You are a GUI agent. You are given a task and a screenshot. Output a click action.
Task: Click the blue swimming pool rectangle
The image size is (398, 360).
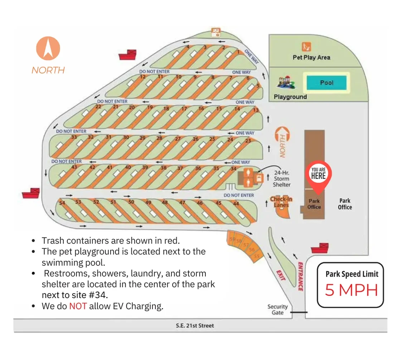(x=326, y=83)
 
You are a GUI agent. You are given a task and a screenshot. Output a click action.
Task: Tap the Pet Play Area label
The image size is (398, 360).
(x=311, y=57)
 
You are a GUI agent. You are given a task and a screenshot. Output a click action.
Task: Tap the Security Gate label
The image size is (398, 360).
(x=277, y=309)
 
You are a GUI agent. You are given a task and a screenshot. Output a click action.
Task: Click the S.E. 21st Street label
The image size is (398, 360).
(x=195, y=326)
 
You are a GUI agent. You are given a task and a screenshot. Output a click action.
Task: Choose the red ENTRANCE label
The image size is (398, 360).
(x=301, y=276)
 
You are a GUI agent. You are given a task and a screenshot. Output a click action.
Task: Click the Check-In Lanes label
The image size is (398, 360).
(x=281, y=202)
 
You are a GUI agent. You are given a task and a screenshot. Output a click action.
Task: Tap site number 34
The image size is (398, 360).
(x=233, y=169)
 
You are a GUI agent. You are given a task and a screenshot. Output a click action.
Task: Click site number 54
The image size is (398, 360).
(x=62, y=203)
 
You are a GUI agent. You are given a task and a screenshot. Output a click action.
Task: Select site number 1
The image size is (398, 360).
(x=238, y=52)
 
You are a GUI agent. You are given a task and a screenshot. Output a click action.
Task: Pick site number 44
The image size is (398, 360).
(x=236, y=204)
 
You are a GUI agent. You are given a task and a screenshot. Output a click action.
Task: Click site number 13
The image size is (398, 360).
(x=256, y=110)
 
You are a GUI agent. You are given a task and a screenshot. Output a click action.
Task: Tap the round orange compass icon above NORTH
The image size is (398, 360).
(x=48, y=48)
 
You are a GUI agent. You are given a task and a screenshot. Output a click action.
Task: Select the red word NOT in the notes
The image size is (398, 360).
(x=78, y=306)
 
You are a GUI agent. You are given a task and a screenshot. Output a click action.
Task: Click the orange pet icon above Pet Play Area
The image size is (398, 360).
(x=306, y=47)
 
